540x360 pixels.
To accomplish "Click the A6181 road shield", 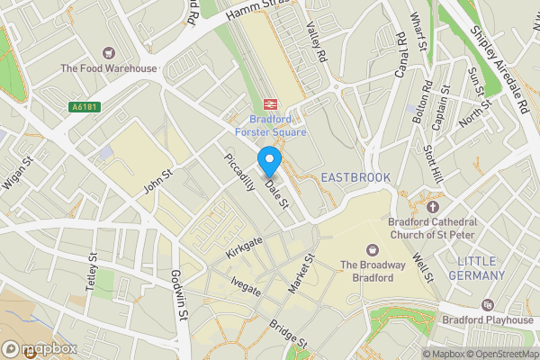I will coord(84,106).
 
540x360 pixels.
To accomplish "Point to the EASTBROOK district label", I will coord(355,178).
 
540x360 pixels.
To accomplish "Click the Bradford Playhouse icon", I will coord(487,305).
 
